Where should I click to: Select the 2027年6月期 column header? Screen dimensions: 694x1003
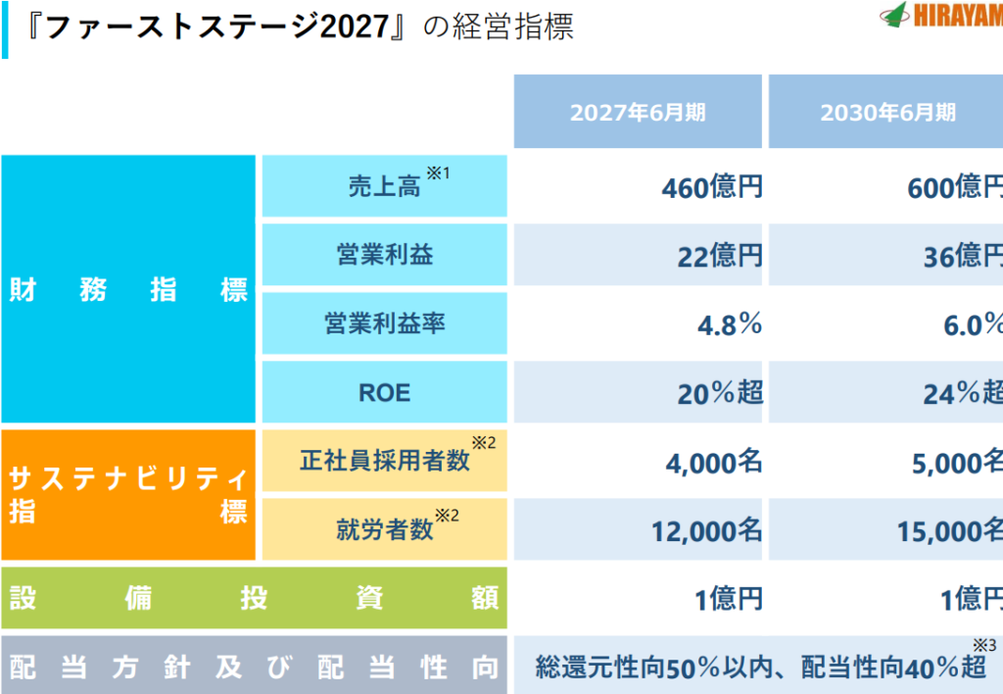638,112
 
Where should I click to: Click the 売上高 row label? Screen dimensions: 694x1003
384,186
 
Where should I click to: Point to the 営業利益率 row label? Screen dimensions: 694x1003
384,323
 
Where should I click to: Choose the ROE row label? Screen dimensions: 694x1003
384,393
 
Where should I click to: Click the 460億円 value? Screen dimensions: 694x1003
711,187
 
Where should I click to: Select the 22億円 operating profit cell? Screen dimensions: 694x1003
719,257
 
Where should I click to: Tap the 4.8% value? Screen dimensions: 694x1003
729,324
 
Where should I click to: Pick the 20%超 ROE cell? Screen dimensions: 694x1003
719,393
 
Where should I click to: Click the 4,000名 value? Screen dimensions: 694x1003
713,463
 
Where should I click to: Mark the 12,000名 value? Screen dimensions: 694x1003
706,531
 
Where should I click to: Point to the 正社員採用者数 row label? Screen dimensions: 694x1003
384,461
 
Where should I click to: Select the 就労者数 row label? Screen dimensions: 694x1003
384,530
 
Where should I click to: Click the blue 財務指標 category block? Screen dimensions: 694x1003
128,290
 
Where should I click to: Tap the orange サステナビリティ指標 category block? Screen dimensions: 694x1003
128,495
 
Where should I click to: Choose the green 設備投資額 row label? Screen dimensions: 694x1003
254,598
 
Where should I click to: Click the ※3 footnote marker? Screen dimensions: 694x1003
983,645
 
